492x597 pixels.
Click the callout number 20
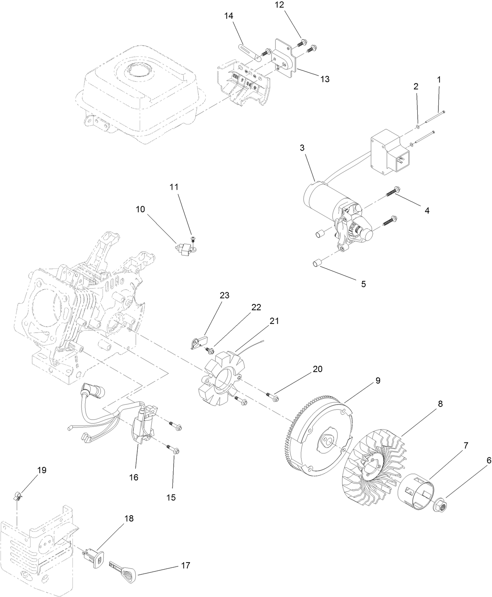(x=317, y=369)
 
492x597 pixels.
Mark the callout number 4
(x=427, y=210)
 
